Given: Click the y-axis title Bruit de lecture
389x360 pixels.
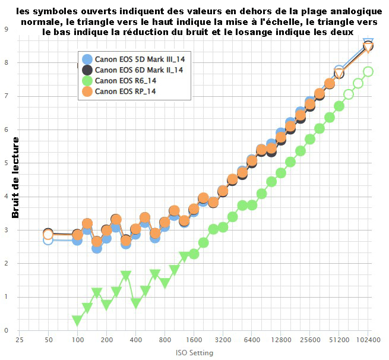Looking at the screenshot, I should pos(16,178).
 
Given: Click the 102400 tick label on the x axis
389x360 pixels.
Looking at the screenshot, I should pos(368,340).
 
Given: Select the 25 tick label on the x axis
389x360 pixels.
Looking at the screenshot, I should pos(20,340).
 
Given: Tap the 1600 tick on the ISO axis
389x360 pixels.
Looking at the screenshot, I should pos(194,340).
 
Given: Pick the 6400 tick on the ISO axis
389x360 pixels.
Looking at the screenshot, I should pos(252,340).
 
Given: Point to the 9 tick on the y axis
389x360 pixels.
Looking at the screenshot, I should pos(6,29).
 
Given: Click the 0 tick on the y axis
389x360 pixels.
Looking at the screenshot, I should pos(6,330).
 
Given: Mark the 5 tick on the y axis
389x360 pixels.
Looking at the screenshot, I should pos(6,163).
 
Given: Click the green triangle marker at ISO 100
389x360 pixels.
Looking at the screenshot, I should pos(77,320).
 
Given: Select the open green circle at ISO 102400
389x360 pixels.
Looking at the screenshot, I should pos(368,71).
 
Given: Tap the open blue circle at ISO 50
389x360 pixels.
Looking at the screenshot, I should pos(48,239).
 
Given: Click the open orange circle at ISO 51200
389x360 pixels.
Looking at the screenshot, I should pos(339,74).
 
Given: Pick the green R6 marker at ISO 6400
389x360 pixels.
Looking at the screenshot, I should pos(252,205).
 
